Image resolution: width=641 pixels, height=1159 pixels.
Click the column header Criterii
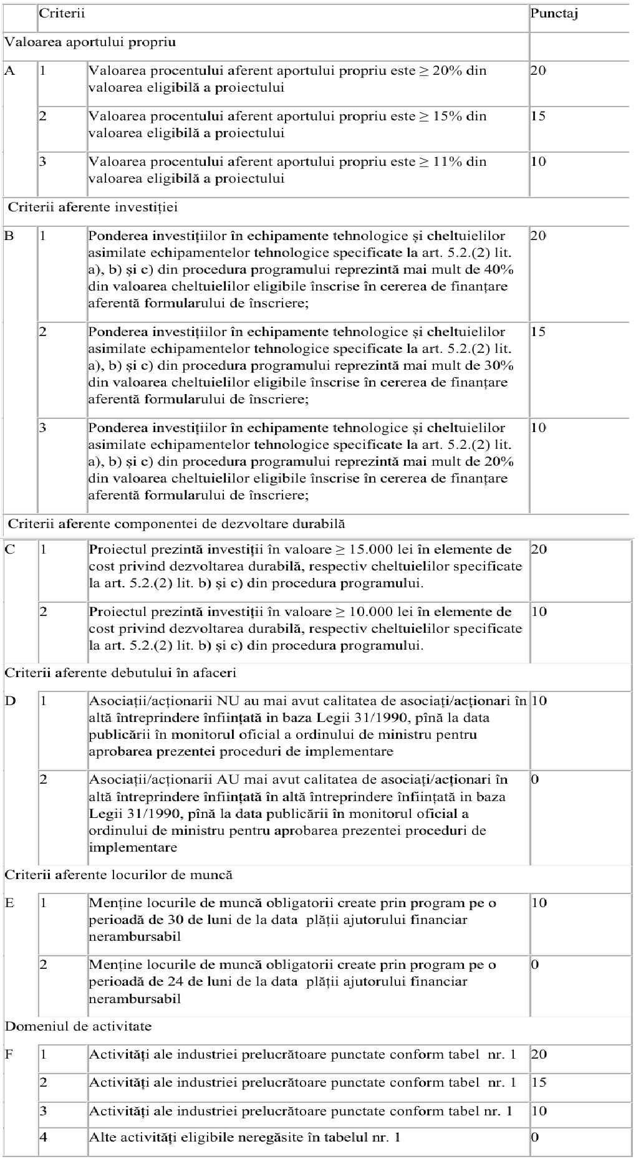62,13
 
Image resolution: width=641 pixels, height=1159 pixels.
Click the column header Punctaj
554,13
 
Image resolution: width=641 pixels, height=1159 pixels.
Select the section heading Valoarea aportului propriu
90,42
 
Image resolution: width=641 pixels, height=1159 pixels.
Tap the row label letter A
10,70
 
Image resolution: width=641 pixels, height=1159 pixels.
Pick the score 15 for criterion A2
538,116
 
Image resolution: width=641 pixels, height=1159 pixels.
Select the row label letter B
9,236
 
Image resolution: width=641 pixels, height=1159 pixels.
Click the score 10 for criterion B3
538,428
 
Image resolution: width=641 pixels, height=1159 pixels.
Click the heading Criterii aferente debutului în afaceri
120,673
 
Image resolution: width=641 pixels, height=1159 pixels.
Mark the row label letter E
9,903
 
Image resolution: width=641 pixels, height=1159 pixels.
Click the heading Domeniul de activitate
79,1026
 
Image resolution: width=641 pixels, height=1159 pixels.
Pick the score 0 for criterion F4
535,1137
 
